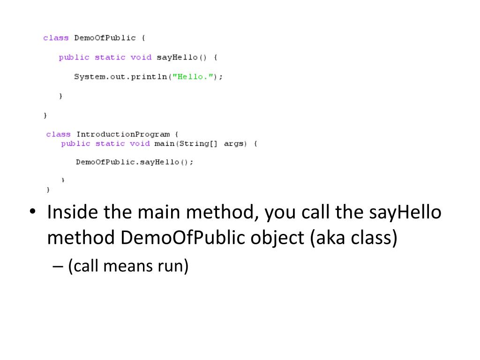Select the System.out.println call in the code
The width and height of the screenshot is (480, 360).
pos(120,76)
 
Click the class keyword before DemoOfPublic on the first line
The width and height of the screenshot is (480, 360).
pos(56,38)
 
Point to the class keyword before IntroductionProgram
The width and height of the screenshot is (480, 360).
pos(59,134)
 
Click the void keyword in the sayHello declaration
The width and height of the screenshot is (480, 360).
pos(141,57)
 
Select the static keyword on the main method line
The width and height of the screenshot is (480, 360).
pos(110,143)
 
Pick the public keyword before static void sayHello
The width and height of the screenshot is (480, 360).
pos(74,57)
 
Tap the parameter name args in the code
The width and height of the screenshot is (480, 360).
pos(234,143)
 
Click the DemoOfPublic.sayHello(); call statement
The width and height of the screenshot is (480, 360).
pos(134,162)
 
